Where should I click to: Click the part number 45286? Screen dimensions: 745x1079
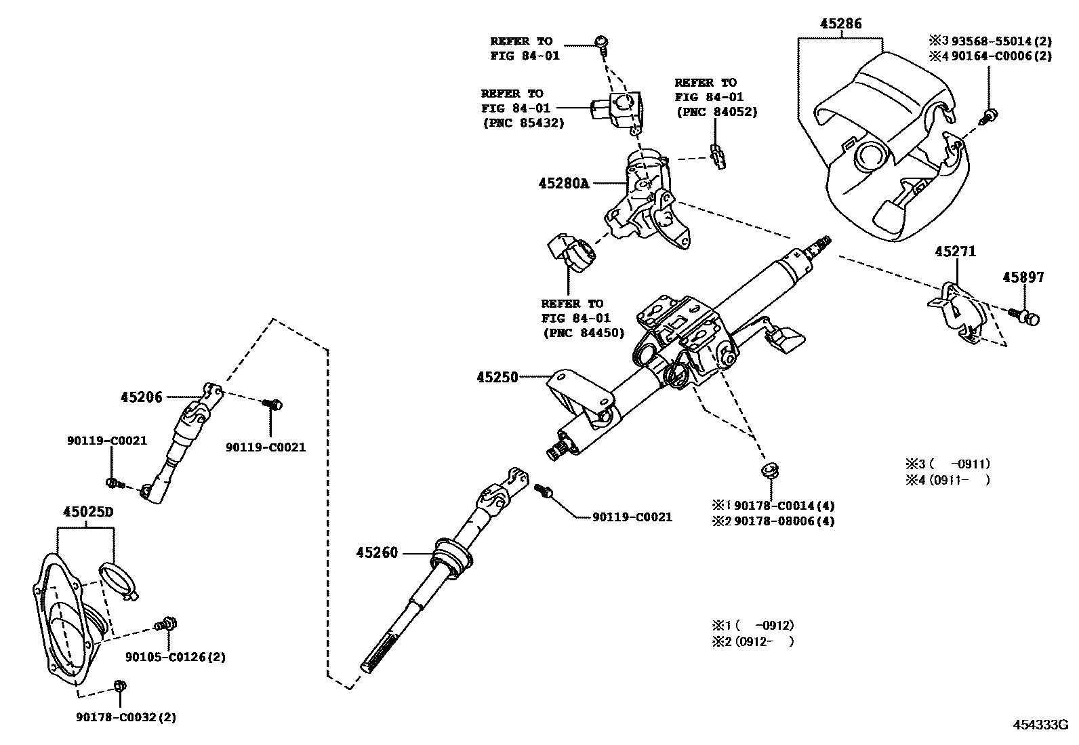[840, 24]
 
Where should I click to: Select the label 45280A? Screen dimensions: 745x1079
[564, 183]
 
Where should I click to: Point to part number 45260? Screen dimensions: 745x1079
[377, 553]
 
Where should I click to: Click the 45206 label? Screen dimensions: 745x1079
[142, 397]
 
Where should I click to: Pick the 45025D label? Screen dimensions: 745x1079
[87, 512]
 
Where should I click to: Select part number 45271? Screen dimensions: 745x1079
[956, 251]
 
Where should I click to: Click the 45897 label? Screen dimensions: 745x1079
[1023, 277]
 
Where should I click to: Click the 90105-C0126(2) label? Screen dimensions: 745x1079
[176, 657]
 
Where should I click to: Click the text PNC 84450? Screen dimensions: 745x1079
[583, 333]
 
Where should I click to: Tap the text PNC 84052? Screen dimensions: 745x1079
[716, 112]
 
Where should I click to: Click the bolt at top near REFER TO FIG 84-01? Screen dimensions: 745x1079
[600, 43]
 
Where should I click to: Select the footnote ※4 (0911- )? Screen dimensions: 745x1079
[948, 481]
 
